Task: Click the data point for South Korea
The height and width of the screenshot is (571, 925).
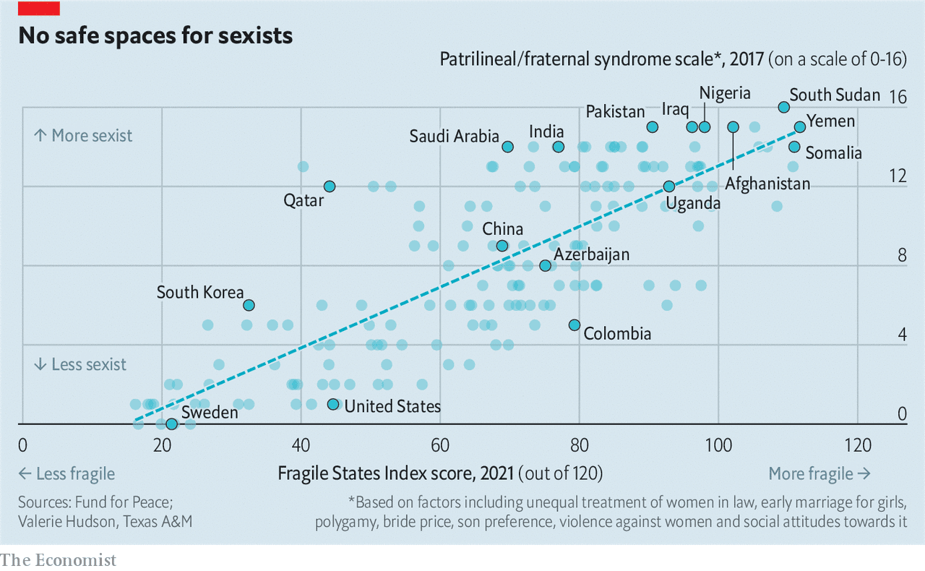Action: (249, 305)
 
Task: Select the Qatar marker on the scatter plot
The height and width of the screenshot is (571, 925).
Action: (330, 186)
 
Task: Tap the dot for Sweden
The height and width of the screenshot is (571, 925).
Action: (171, 424)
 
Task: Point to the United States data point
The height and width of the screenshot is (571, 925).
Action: (333, 404)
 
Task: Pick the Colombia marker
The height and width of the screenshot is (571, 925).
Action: (575, 325)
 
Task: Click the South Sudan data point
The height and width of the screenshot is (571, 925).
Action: (783, 107)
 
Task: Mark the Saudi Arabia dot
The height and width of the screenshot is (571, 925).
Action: (508, 147)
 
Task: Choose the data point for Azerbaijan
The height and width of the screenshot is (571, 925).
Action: (546, 265)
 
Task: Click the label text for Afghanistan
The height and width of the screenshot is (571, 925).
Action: (767, 184)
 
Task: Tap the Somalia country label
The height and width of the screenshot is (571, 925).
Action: (833, 153)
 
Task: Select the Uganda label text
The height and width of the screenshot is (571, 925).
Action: (693, 203)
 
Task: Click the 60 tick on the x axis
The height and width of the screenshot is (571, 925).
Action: (440, 444)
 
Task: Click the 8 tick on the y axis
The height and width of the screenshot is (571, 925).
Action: (901, 256)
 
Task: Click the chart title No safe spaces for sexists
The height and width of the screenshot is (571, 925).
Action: (155, 35)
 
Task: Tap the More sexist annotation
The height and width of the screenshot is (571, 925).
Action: (83, 135)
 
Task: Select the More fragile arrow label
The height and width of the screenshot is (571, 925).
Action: (819, 473)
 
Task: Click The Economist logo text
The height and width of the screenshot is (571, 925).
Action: (58, 559)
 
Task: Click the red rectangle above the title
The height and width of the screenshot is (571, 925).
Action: (39, 8)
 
